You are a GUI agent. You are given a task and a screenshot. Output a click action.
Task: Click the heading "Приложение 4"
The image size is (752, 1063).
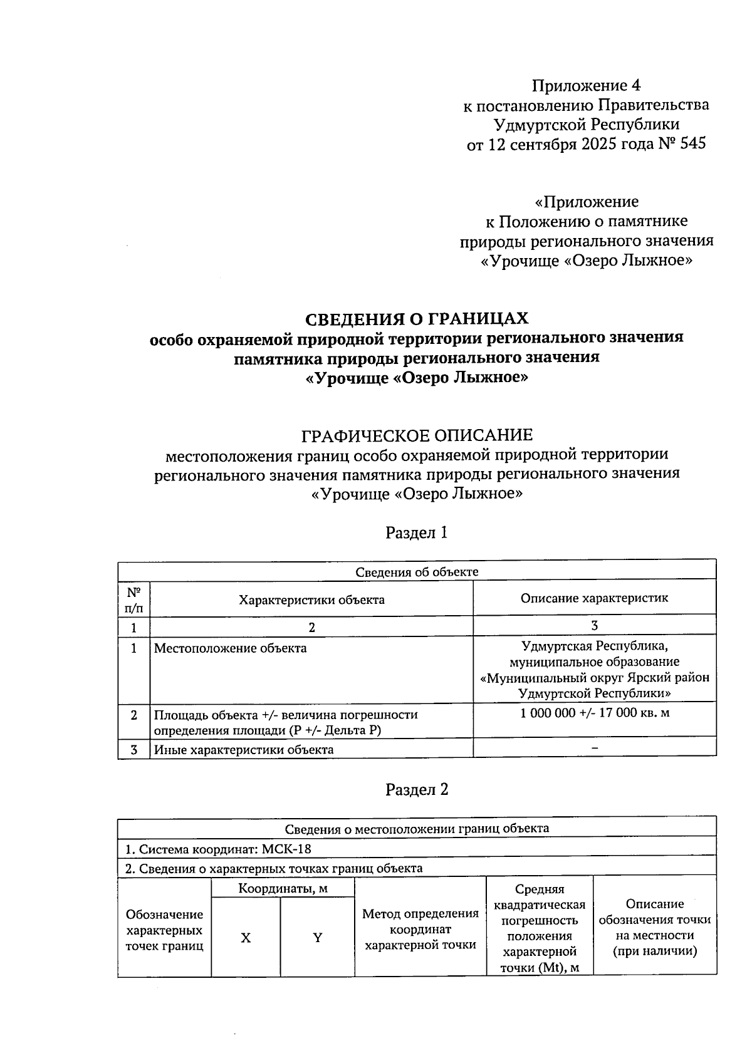586,85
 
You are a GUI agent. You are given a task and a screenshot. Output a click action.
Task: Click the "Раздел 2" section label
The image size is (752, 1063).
417,789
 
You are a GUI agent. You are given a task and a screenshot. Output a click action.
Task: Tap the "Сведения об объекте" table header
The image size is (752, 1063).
417,571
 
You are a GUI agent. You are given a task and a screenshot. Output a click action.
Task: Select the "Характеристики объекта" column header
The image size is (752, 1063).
311,599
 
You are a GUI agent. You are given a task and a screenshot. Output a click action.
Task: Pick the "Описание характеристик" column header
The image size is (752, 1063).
594,598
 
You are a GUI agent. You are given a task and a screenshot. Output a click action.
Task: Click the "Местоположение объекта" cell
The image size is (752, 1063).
231,648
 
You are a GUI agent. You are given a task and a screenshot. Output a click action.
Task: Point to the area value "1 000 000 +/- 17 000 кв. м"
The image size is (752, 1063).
595,713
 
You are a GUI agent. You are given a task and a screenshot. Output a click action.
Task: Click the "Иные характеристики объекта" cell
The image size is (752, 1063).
244,750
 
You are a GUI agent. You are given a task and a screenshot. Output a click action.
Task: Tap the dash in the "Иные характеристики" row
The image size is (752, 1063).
595,748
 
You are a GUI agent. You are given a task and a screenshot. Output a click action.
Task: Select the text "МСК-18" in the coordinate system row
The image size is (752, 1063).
286,849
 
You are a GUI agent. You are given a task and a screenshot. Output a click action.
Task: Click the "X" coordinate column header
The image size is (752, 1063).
246,938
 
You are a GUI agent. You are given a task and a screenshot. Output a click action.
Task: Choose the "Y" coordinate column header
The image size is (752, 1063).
318,938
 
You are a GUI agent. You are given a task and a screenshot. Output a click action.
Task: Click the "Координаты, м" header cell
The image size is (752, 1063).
283,888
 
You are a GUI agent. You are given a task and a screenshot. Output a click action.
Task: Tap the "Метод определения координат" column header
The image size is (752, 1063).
420,929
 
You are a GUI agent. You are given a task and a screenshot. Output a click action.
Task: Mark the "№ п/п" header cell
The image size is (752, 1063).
133,599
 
